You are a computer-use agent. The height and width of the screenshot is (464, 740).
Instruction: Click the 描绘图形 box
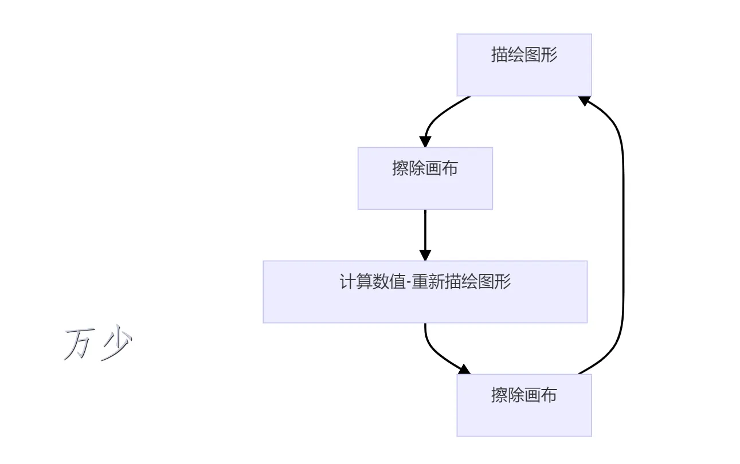tap(524, 65)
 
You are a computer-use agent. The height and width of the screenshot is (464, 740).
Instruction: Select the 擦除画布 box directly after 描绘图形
tap(425, 178)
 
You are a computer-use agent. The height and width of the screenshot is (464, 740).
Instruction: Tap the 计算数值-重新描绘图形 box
tap(425, 292)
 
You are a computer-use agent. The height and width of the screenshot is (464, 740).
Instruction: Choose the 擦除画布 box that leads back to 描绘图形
tap(524, 405)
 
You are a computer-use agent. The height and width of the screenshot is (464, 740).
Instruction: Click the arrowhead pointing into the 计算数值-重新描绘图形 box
tap(425, 254)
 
